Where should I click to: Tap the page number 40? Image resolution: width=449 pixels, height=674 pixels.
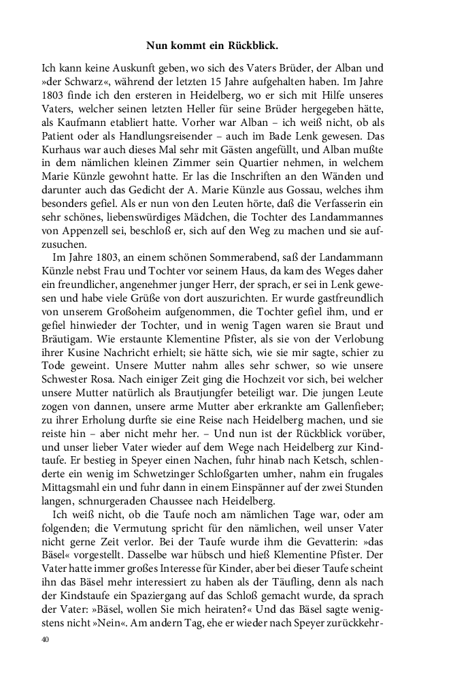coord(46,639)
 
